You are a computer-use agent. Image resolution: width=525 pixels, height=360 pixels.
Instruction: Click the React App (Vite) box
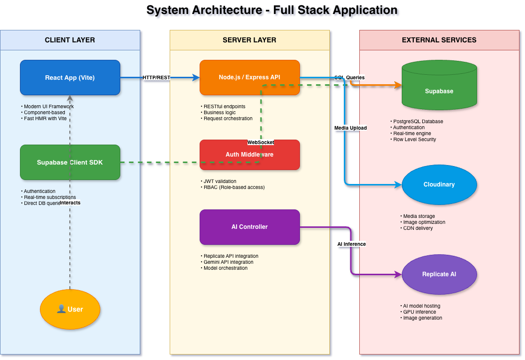pos(70,77)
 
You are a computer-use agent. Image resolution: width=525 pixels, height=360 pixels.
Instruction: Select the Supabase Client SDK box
pos(70,162)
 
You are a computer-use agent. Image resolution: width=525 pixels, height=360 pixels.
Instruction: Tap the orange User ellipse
pos(70,309)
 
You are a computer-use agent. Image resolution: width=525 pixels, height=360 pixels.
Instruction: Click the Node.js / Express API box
pos(250,77)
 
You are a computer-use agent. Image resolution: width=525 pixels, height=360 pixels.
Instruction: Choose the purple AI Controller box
pos(250,227)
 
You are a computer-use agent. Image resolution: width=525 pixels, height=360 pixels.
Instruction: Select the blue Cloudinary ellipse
pos(439,184)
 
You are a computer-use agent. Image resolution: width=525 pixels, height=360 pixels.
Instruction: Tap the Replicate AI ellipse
pos(439,274)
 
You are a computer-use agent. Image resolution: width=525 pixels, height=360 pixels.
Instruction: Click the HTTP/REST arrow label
pos(157,78)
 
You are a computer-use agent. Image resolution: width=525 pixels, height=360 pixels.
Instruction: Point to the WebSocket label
pos(261,143)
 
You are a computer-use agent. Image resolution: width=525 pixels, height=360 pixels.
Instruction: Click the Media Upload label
pos(350,128)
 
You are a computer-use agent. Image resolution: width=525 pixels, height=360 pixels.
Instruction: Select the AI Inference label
pos(351,244)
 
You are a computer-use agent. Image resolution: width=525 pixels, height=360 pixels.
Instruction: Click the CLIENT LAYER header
pos(70,40)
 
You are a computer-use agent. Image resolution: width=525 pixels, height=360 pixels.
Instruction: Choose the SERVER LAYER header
pos(250,40)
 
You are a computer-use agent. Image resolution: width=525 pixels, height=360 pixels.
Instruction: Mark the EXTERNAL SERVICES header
pos(439,40)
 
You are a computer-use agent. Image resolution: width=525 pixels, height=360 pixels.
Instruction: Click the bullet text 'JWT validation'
pos(220,181)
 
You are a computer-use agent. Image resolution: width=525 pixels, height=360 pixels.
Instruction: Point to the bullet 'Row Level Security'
pos(414,140)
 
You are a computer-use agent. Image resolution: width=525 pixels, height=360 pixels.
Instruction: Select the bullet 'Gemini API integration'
pos(229,262)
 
